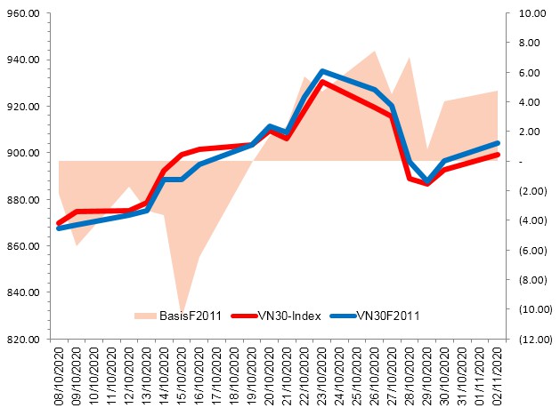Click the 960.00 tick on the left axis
click(x=27, y=13)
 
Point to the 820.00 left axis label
click(x=27, y=339)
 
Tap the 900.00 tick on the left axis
click(x=27, y=153)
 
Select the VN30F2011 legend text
click(x=386, y=315)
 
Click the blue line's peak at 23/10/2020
click(x=322, y=71)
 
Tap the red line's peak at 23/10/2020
click(x=322, y=82)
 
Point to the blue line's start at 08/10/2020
click(x=59, y=228)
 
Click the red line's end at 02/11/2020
click(x=498, y=155)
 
